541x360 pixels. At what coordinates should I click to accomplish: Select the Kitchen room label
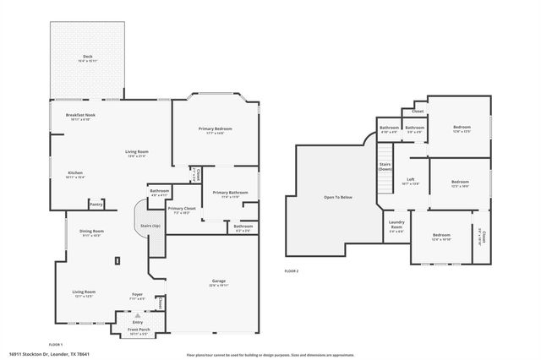pos(75,172)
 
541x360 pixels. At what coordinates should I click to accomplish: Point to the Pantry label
pos(96,204)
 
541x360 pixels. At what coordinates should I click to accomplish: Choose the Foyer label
pos(136,294)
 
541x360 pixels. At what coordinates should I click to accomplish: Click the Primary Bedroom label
pos(216,128)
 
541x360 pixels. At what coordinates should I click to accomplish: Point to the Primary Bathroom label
pos(230,193)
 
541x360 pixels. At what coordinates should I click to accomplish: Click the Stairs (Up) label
pos(150,226)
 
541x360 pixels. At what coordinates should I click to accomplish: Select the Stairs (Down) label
pos(385,166)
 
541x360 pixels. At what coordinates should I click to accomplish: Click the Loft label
pos(411,181)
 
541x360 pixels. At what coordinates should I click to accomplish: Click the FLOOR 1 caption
pos(56,345)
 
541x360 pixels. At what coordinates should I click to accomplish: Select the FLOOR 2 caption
pos(292,270)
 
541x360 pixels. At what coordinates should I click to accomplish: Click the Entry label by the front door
pos(137,321)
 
